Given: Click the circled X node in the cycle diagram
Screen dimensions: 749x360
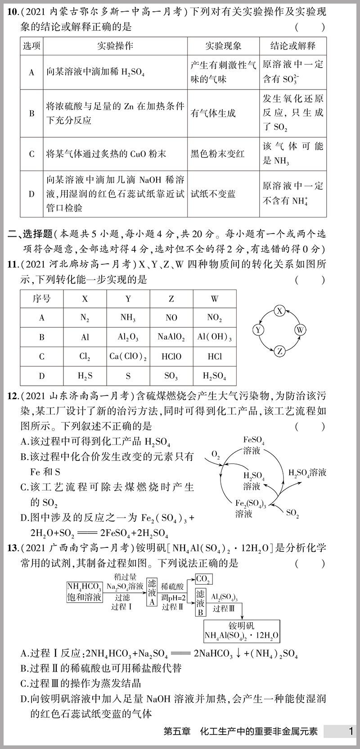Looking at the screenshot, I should coord(280,311).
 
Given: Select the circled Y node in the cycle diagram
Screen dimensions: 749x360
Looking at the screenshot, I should coord(258,330).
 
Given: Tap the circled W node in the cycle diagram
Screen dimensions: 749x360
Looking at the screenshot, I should coord(300,330).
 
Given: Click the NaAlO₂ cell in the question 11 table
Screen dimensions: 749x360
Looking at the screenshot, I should coord(171,337).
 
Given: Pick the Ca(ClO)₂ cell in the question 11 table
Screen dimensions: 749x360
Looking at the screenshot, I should coord(128,356).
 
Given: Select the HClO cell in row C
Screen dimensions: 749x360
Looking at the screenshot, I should coord(171,356).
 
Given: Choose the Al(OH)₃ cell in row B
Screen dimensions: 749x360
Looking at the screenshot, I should coord(215,337).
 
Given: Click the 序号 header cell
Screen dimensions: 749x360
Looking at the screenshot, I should coord(42,298).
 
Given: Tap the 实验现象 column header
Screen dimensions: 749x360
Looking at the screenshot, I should coord(223,46).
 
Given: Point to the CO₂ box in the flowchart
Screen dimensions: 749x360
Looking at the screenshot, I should coord(203,579).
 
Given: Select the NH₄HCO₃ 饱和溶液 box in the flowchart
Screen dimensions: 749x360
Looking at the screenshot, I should coord(84,592).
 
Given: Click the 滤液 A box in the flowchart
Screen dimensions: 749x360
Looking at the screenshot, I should coord(152,592).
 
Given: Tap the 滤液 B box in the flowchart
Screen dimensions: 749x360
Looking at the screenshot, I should coord(200,603).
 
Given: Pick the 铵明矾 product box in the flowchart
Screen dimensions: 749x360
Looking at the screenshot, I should coord(242,631).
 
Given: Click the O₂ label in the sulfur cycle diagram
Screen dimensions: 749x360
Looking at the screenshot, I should coord(216,456).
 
